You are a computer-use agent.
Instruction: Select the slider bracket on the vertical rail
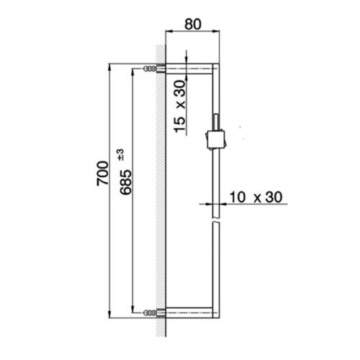(215, 137)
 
